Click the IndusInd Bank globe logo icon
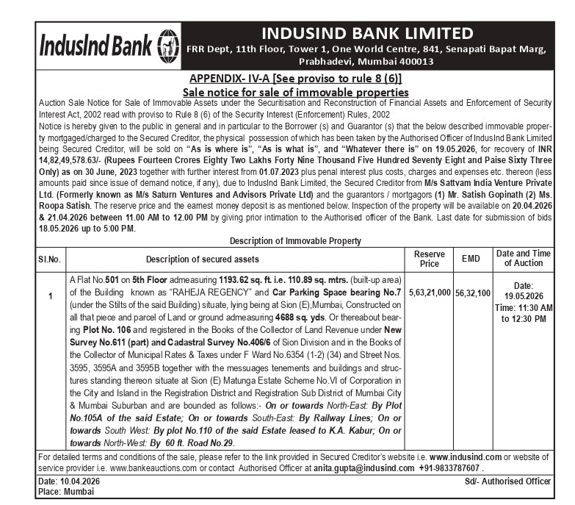click(x=167, y=46)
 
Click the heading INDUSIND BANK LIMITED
click(x=367, y=33)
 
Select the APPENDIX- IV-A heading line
click(x=295, y=79)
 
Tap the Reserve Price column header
click(x=429, y=258)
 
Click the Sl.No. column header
click(x=50, y=259)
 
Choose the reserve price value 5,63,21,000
click(x=430, y=292)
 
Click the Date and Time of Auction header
click(x=524, y=258)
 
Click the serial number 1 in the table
click(x=50, y=296)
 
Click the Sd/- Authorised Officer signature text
click(x=507, y=481)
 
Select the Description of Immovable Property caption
click(x=295, y=241)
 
